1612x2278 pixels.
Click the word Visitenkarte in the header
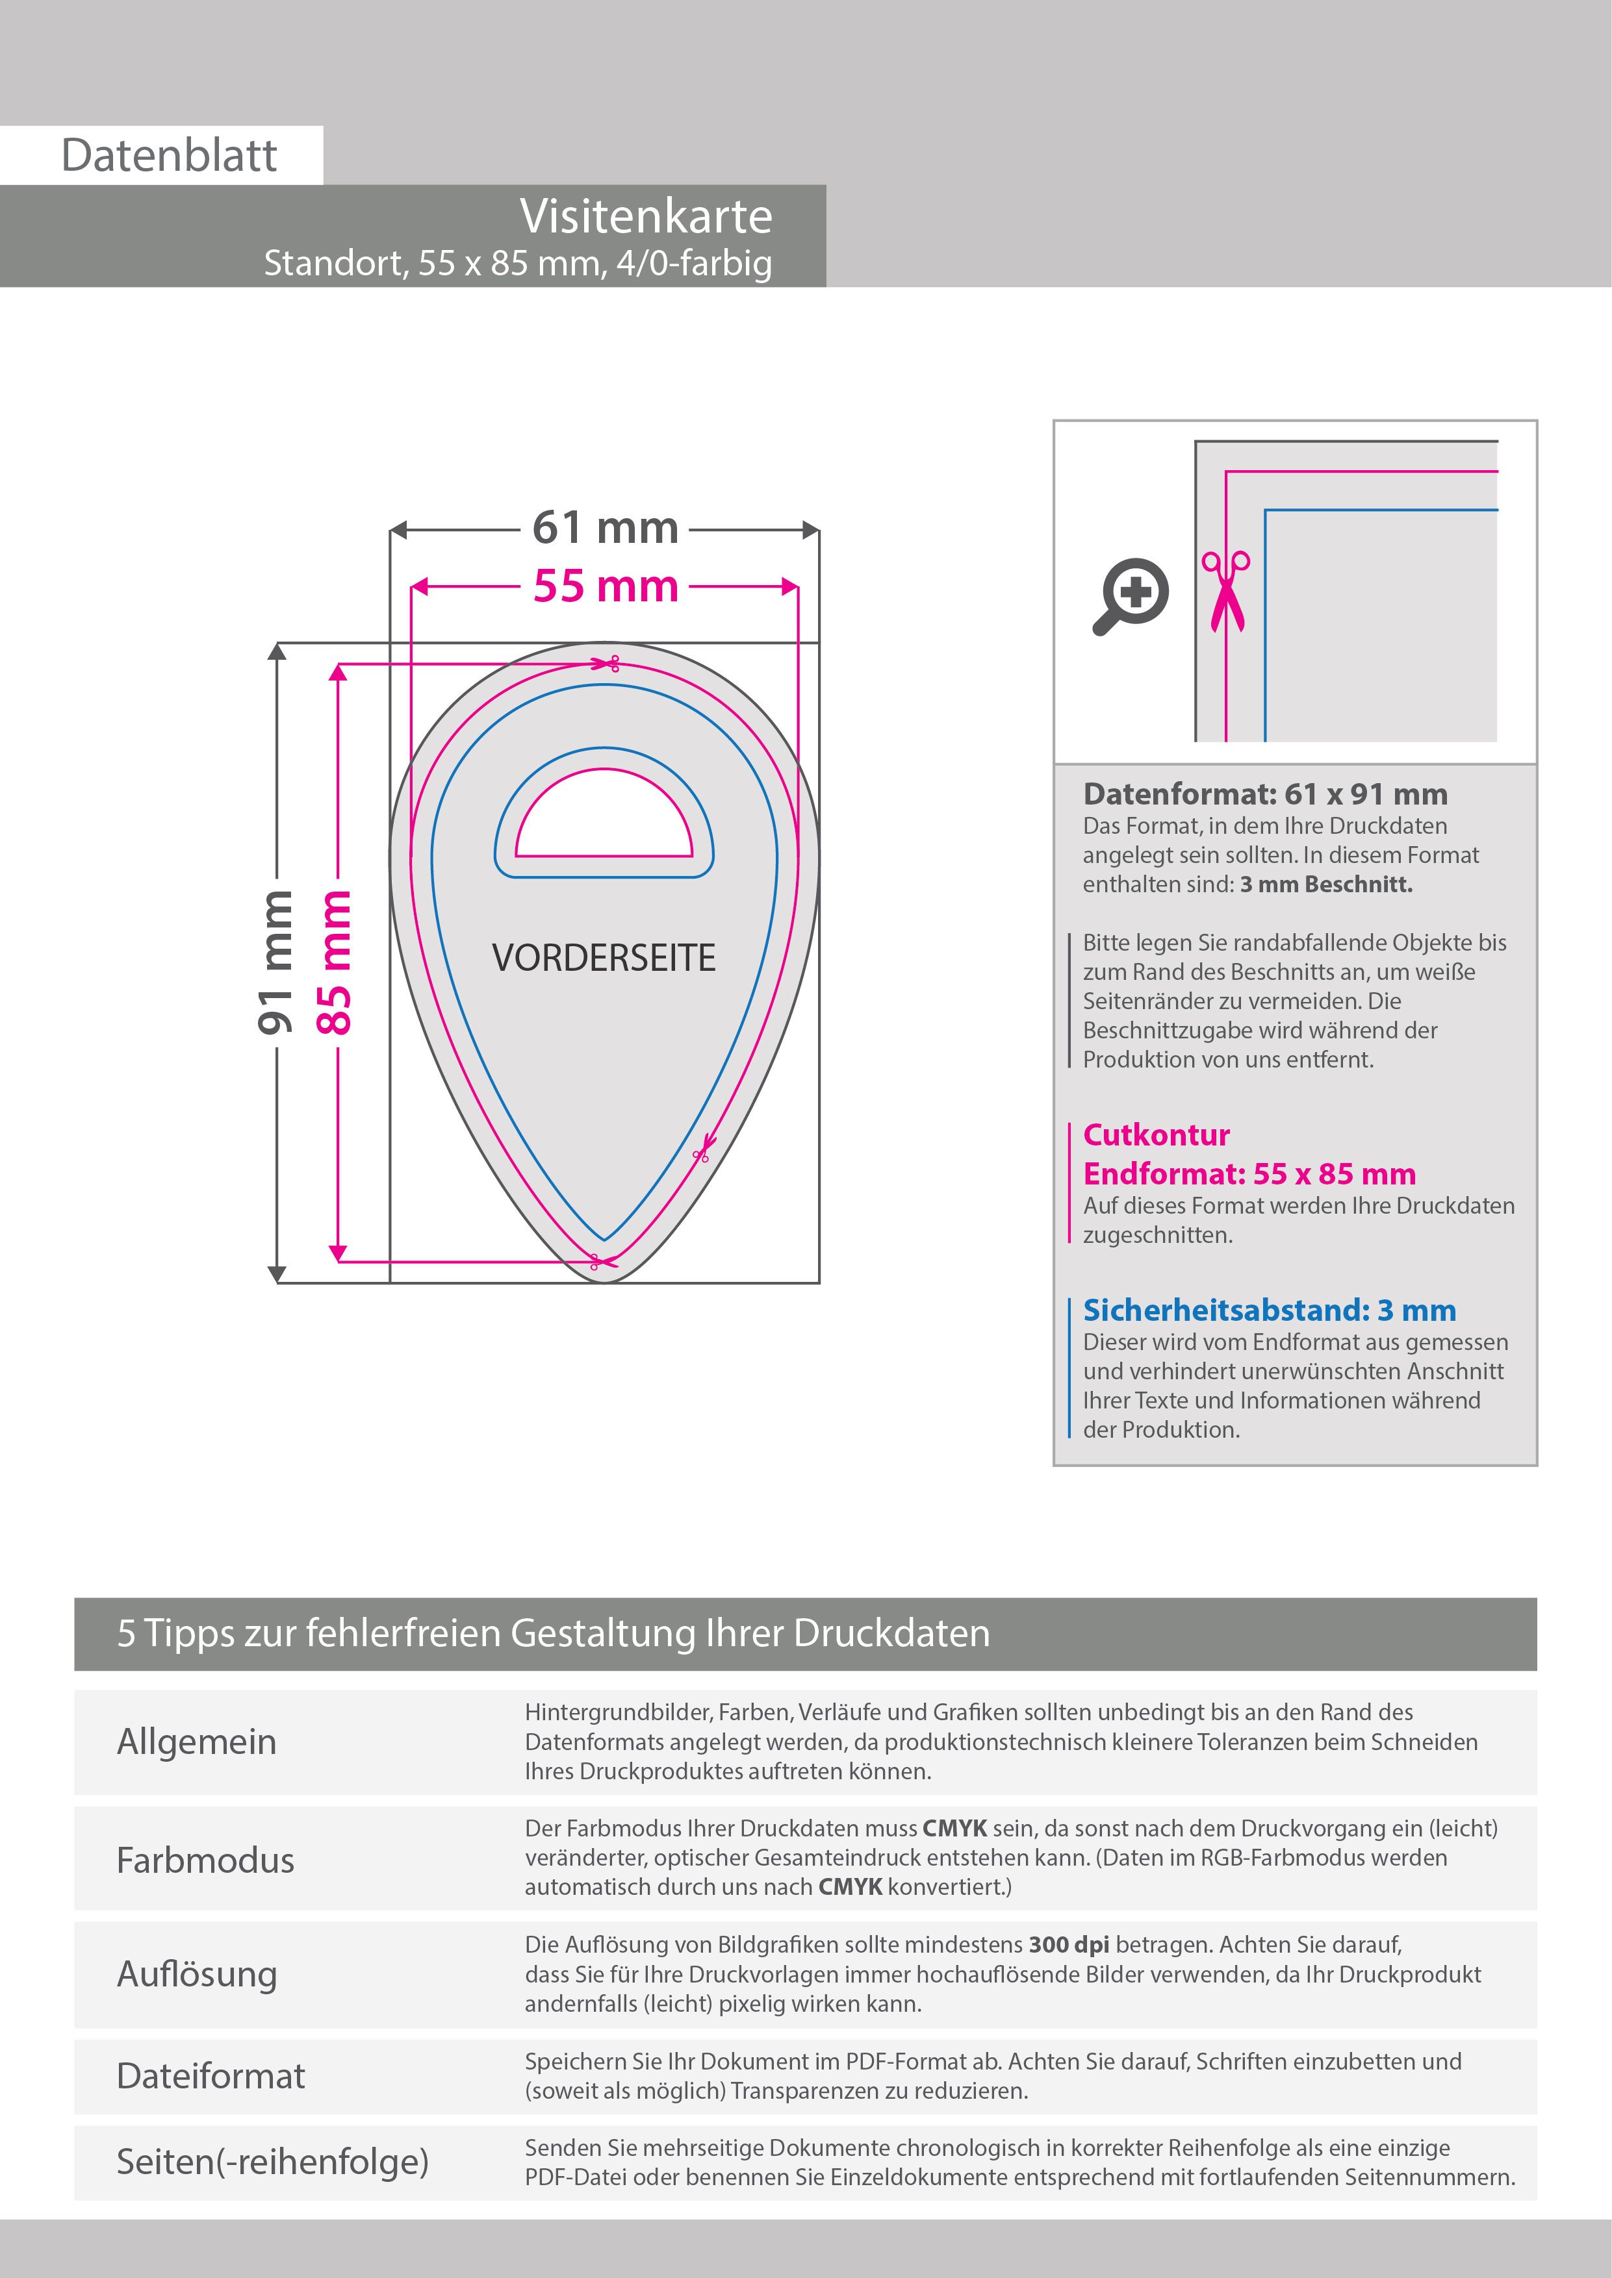tap(645, 216)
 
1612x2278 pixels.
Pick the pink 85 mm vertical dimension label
tap(335, 962)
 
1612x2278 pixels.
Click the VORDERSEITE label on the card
tap(604, 957)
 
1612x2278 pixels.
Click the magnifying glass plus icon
tap(1132, 595)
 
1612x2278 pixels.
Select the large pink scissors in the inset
tap(1226, 592)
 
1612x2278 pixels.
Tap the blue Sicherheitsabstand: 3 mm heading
tap(1268, 1310)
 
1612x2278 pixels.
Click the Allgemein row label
tap(196, 1741)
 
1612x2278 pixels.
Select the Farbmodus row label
tap(205, 1860)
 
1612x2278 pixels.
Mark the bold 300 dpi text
tap(1068, 1945)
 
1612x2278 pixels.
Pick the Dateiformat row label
tap(211, 2075)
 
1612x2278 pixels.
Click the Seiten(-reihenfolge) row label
tap(272, 2161)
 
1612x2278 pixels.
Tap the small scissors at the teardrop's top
tap(608, 663)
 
